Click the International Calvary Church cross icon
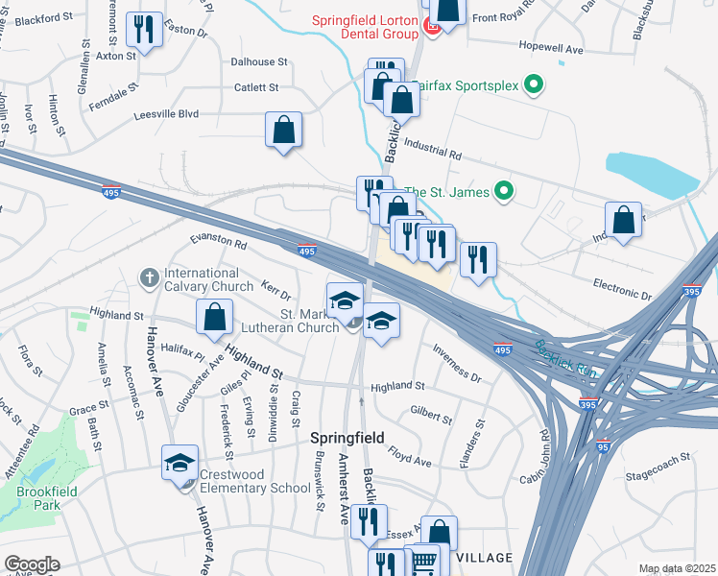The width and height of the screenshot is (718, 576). point(148,278)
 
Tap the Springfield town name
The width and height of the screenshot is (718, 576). point(347,438)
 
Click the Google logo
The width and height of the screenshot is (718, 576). point(32,564)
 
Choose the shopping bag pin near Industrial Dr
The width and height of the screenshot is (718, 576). point(624,219)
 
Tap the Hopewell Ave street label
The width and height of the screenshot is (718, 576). point(550,47)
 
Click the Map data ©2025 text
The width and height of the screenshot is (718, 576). point(677,568)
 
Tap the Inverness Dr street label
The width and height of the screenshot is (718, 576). point(456,362)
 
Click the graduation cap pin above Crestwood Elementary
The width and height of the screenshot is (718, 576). point(179,463)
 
